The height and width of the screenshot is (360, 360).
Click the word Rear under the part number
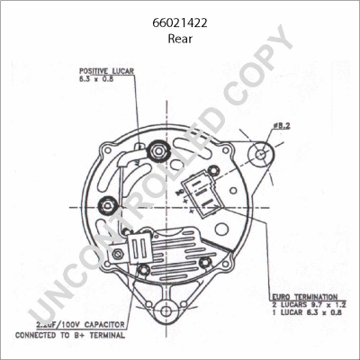(180, 40)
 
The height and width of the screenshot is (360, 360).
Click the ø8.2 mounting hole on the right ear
(260, 154)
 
